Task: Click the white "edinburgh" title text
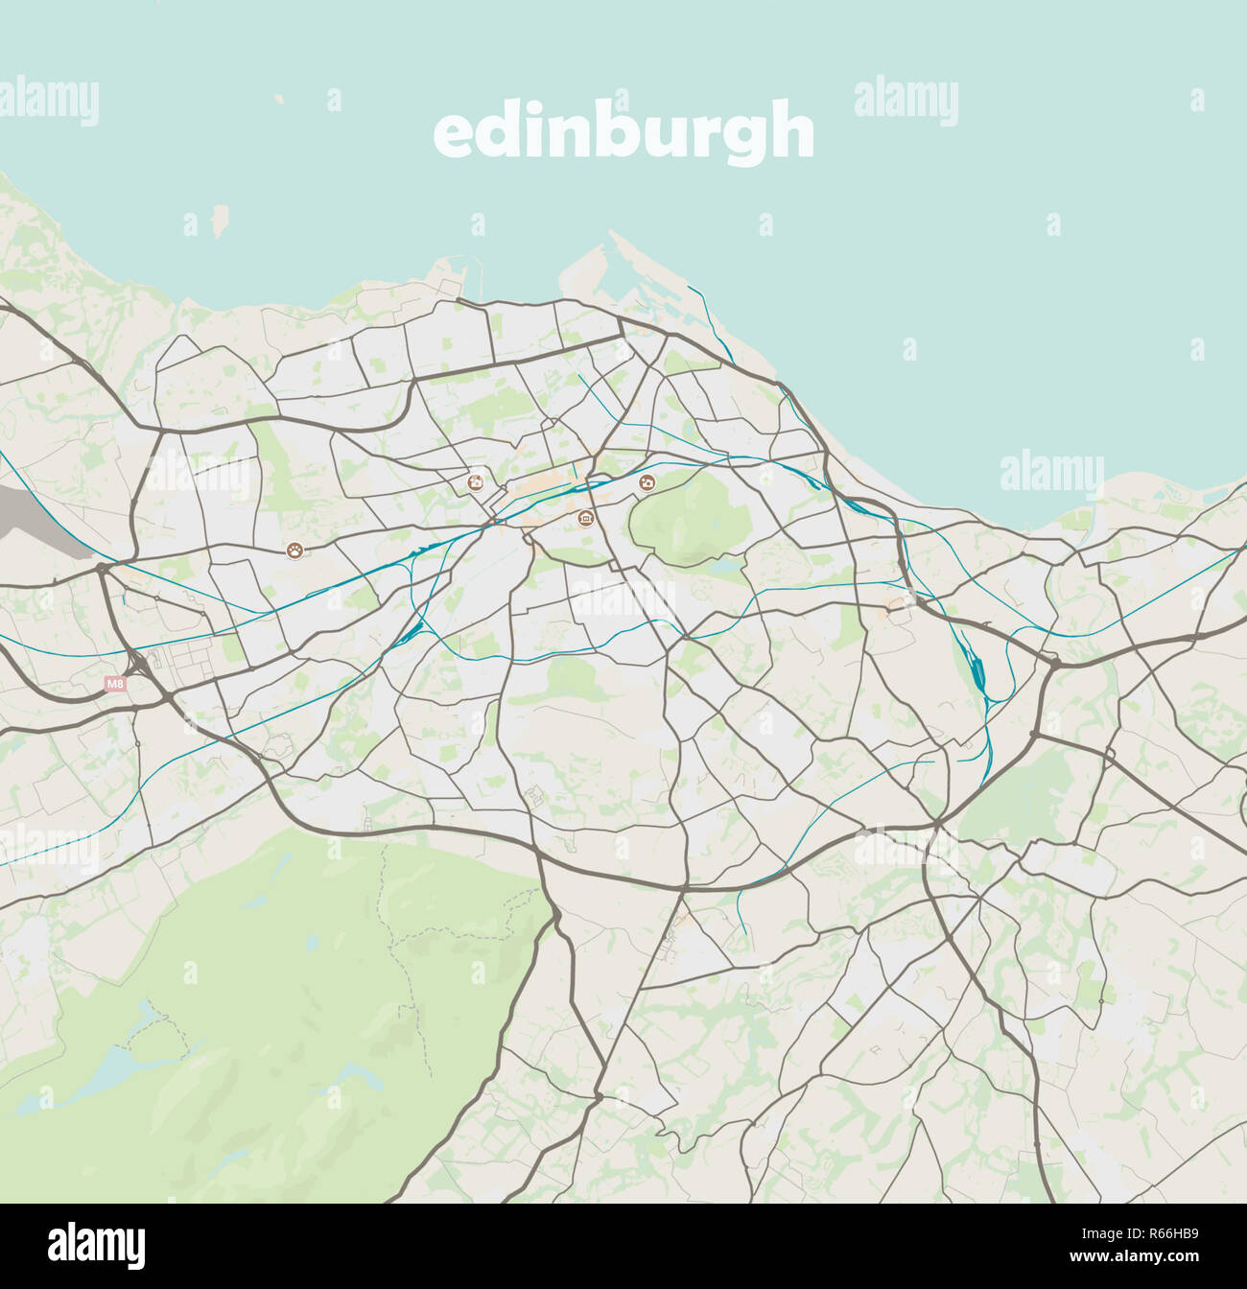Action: pyautogui.click(x=623, y=132)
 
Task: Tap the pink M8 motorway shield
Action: pyautogui.click(x=115, y=684)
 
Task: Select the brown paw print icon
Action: pyautogui.click(x=294, y=550)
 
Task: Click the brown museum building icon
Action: pyautogui.click(x=586, y=519)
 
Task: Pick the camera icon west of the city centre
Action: pyautogui.click(x=475, y=482)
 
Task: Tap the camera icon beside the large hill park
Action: pyautogui.click(x=647, y=482)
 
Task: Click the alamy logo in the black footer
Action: pyautogui.click(x=96, y=1245)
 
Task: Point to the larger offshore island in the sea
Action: pyautogui.click(x=221, y=221)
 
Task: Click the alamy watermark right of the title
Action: pyautogui.click(x=906, y=101)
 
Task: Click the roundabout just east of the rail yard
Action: pyautogui.click(x=1054, y=662)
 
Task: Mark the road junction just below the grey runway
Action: pyautogui.click(x=102, y=568)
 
